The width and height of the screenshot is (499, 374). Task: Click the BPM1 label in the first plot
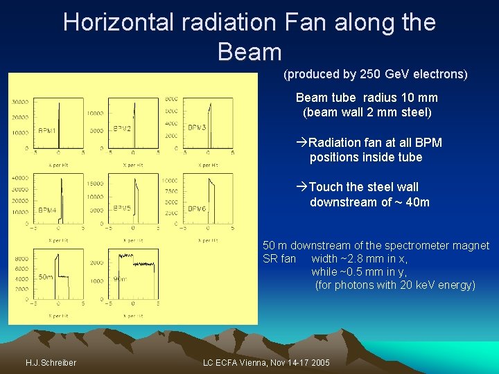48,130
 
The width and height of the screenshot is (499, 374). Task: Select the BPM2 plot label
122,129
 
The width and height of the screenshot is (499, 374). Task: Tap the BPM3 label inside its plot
197,127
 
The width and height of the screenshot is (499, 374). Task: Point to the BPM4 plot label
48,210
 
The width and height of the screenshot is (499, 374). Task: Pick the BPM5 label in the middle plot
122,208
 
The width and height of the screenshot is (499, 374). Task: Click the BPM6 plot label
197,208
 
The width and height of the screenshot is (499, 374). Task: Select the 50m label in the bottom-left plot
46,277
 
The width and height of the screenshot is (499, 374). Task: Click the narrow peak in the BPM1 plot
59,125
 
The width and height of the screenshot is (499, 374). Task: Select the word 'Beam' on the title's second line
249,52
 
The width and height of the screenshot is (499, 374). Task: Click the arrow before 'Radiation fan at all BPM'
301,143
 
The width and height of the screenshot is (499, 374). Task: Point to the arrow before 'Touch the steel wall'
301,187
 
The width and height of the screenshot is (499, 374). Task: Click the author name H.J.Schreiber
51,363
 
